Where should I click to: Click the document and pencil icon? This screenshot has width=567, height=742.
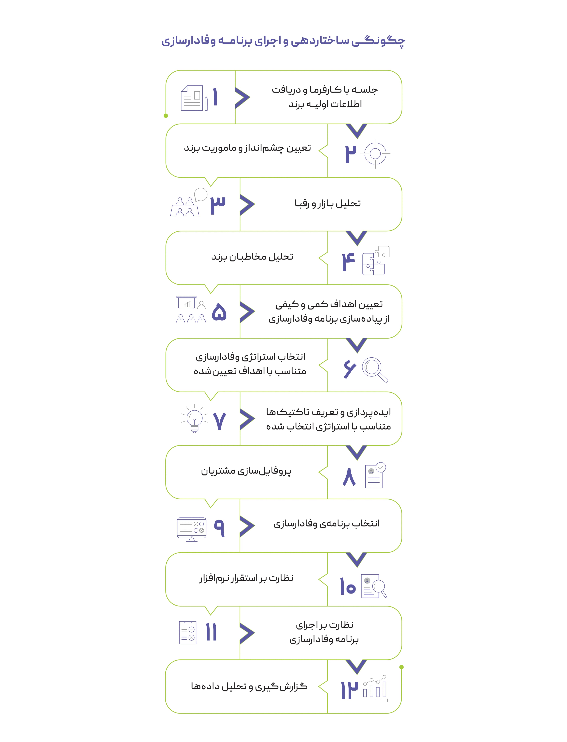click(x=194, y=98)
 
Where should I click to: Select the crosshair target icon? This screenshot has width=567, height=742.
click(x=375, y=153)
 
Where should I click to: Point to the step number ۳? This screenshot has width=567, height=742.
click(x=218, y=205)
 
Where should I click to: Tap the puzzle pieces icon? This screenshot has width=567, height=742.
click(x=375, y=261)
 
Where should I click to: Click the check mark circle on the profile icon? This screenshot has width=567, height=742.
click(x=381, y=467)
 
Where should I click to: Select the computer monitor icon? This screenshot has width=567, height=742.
click(x=191, y=528)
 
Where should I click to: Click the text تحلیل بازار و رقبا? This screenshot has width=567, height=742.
click(x=327, y=203)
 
